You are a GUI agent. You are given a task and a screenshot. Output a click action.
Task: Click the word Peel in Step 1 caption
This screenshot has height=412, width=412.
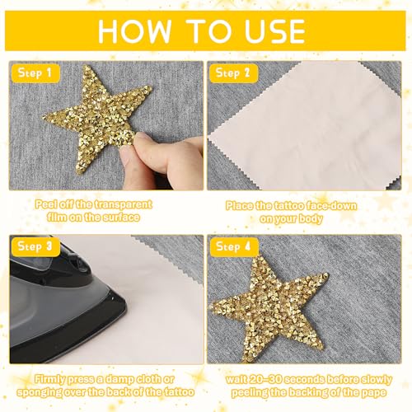point(47,204)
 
